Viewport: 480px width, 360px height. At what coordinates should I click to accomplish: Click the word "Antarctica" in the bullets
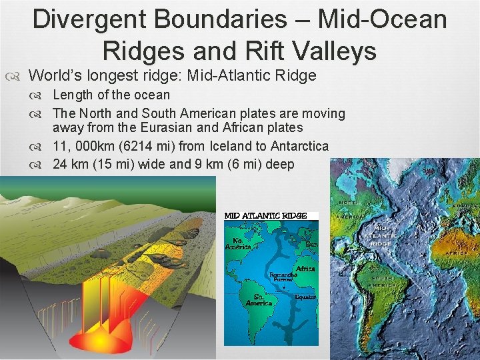coord(298,145)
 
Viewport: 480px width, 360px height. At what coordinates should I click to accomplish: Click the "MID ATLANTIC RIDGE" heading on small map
coord(265,216)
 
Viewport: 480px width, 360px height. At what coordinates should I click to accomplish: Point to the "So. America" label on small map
coord(259,300)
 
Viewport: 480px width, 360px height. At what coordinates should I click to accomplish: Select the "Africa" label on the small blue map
coord(305,269)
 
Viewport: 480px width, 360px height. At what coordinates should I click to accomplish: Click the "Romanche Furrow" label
coord(283,277)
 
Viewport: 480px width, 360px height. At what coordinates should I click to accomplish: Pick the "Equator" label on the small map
coord(305,297)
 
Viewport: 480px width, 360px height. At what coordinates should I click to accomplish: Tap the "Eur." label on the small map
coord(310,245)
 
